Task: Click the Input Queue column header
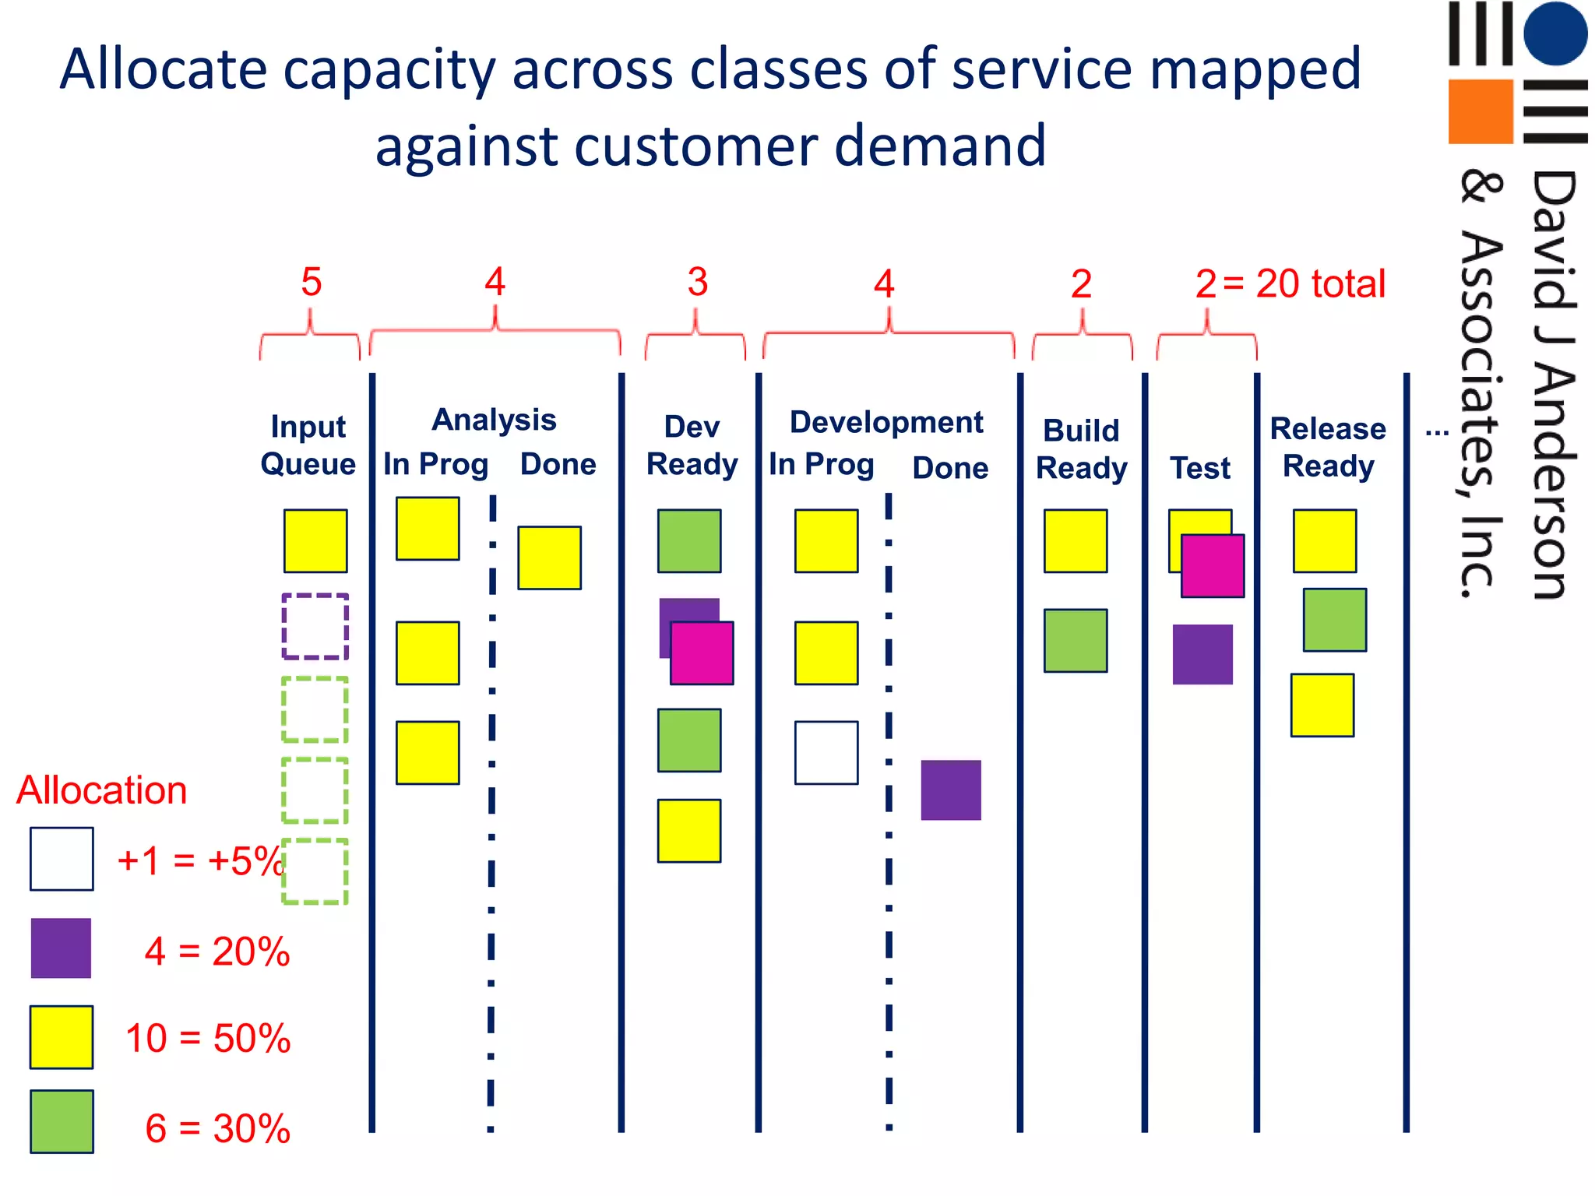[308, 445]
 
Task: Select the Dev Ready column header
[692, 445]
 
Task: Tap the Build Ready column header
[1081, 449]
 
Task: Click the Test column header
[1200, 468]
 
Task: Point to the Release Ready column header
[1328, 447]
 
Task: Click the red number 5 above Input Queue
[311, 282]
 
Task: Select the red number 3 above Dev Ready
[697, 282]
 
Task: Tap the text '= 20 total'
[1305, 283]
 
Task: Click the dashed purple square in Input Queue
[315, 627]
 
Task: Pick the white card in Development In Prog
[826, 752]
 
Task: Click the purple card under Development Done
[951, 790]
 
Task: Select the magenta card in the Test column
[1213, 566]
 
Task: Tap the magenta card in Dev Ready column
[702, 653]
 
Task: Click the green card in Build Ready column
[1076, 640]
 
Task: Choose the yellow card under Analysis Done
[549, 558]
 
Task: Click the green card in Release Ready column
[1334, 620]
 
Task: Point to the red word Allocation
[102, 790]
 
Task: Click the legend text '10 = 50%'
[208, 1038]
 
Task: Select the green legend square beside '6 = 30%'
[62, 1121]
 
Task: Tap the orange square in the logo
[1480, 111]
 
